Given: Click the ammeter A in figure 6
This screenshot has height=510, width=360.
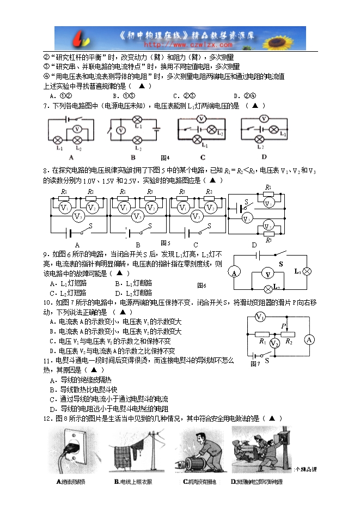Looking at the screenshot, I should point(235,272).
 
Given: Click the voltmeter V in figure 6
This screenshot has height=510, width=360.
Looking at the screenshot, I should point(267,274).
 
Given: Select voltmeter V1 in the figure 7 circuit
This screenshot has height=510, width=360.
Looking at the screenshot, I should point(260,318).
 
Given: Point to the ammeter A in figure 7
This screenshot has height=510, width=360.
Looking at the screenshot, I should point(309,339).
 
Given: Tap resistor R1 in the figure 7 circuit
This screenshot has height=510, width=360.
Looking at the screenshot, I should point(263,334).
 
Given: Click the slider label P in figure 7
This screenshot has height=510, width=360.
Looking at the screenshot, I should point(284,326).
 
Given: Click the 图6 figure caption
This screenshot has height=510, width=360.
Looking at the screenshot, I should point(202,285).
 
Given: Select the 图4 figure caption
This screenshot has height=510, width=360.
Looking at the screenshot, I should point(166,157).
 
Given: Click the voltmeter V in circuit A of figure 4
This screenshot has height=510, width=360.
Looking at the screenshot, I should point(77,129).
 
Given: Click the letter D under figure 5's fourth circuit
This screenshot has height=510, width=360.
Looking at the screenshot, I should point(254,245).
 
